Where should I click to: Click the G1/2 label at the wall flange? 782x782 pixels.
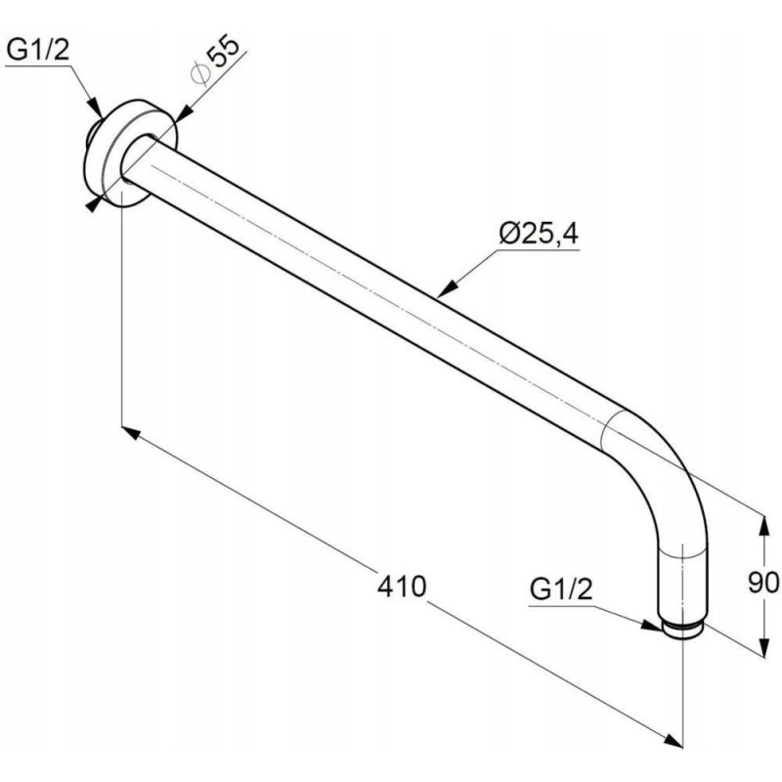(x=38, y=51)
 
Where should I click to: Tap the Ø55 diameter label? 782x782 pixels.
(x=214, y=61)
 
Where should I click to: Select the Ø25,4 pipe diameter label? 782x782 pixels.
(x=539, y=234)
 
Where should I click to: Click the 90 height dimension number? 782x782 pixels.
(x=763, y=582)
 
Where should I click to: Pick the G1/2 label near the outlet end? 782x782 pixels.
(x=560, y=589)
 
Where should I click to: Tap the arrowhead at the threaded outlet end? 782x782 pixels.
(x=651, y=626)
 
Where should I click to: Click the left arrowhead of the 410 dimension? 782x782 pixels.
(x=131, y=433)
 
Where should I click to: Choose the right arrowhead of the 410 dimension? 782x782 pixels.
(x=673, y=740)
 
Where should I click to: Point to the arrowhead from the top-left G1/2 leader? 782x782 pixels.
(x=95, y=109)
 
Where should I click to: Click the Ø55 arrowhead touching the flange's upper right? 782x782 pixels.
(x=184, y=113)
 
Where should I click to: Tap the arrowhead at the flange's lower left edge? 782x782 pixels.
(x=94, y=204)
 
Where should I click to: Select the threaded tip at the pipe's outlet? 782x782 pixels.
(x=682, y=630)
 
